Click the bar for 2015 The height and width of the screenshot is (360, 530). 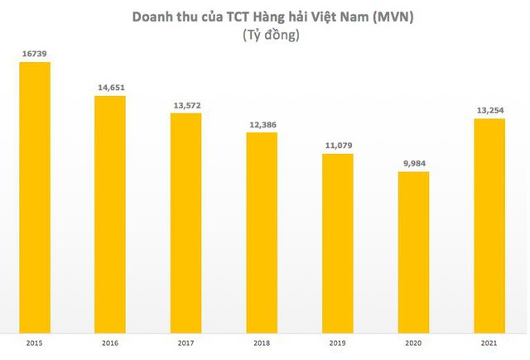(x=34, y=194)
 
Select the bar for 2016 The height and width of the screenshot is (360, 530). (x=110, y=211)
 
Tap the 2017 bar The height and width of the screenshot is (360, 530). (x=186, y=219)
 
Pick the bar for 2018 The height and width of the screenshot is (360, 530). (x=262, y=229)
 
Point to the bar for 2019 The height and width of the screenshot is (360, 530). (x=338, y=240)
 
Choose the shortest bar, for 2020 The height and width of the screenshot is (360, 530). (x=413, y=249)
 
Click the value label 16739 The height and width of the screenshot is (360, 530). (x=34, y=52)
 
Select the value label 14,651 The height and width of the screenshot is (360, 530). (x=110, y=87)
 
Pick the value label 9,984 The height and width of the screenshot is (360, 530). (x=413, y=162)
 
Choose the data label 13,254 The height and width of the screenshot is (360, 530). (x=489, y=109)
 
